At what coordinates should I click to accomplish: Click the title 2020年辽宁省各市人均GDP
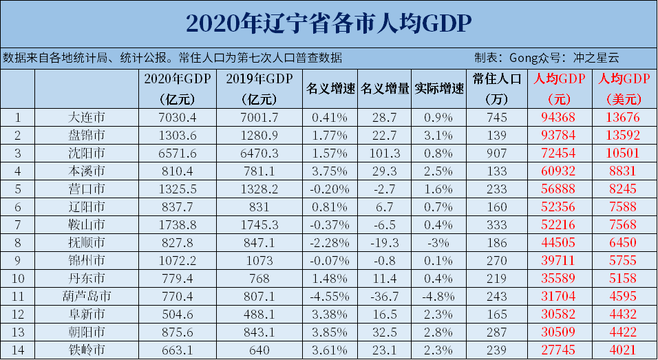coord(328,23)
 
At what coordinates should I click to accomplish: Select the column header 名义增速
coord(330,89)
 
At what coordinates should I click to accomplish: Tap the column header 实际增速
coord(439,89)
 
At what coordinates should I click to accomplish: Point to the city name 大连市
coord(87,116)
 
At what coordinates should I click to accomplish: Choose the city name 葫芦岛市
coord(87,296)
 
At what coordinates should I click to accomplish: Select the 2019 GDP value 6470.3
coord(259,152)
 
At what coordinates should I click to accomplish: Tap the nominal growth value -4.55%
coord(330,296)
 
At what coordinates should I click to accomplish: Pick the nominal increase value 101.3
coord(385,152)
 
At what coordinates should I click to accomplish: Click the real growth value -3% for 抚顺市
coord(439,242)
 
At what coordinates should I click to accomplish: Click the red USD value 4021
coord(622,350)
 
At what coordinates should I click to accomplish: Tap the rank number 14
coord(18,350)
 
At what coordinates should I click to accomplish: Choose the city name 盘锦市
coord(87,134)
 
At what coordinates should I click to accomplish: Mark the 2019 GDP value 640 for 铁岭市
coord(259,350)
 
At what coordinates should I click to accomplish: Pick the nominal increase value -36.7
coord(385,296)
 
